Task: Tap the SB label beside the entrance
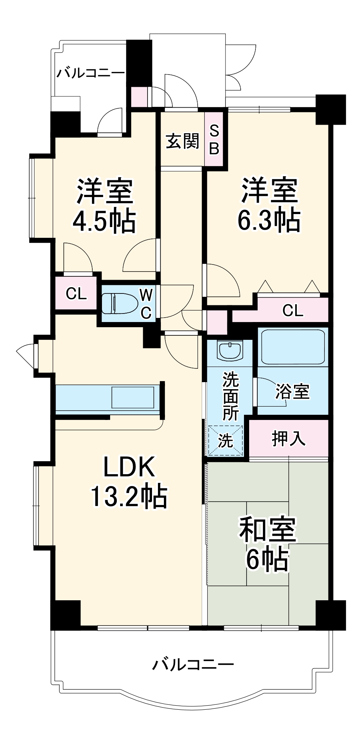click(214, 140)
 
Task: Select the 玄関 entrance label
click(182, 141)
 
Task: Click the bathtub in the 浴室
click(293, 347)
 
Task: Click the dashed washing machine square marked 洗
click(225, 441)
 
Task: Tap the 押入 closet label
click(288, 438)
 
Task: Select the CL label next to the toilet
click(76, 294)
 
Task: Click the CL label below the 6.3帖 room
click(293, 310)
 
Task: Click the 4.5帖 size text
click(104, 221)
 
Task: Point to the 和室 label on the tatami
click(268, 529)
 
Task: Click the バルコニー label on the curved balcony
click(193, 664)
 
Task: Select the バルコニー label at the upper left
click(90, 72)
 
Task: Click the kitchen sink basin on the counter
click(133, 397)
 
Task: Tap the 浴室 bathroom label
click(292, 391)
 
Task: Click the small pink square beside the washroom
click(217, 322)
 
